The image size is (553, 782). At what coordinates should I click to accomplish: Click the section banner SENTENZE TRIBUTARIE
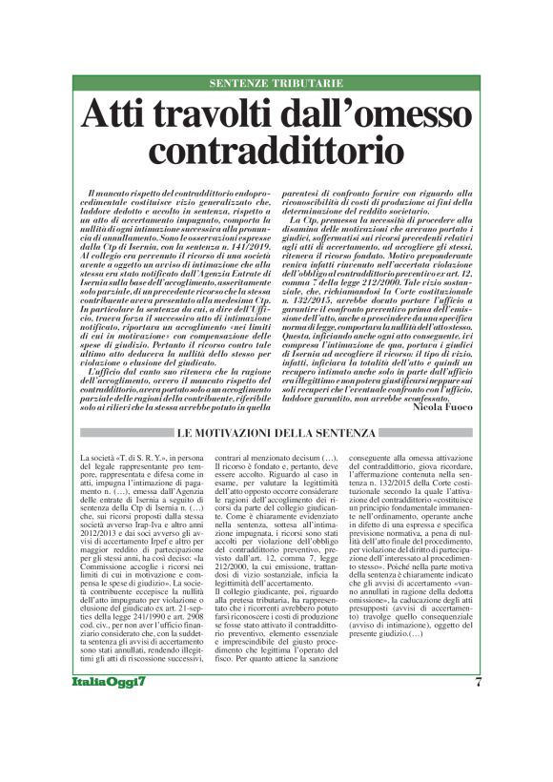click(x=276, y=84)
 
